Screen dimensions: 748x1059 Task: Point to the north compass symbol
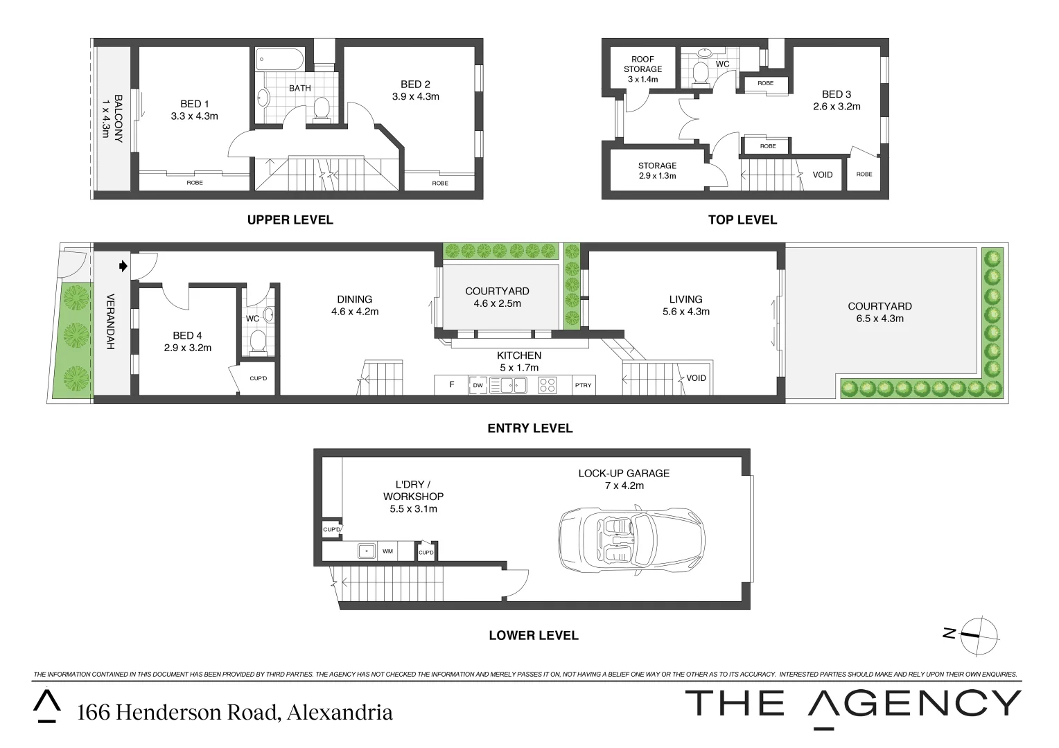click(x=978, y=635)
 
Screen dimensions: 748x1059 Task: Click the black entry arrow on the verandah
click(x=123, y=265)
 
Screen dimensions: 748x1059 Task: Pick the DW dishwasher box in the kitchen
click(x=478, y=385)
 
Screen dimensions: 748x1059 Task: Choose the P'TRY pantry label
click(x=583, y=385)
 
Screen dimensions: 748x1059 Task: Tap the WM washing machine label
click(x=387, y=551)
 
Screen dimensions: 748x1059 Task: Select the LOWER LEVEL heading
click(x=533, y=635)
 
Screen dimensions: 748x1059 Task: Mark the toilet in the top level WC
click(x=701, y=73)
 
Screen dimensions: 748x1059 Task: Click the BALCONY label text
click(x=112, y=118)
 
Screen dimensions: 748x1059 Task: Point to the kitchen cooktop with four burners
click(x=547, y=385)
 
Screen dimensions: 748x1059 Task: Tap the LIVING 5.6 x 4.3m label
click(x=685, y=305)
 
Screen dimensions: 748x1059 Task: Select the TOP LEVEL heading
click(x=742, y=220)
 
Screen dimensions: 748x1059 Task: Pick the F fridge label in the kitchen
click(x=452, y=384)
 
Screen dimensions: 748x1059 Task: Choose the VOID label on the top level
click(x=823, y=175)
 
